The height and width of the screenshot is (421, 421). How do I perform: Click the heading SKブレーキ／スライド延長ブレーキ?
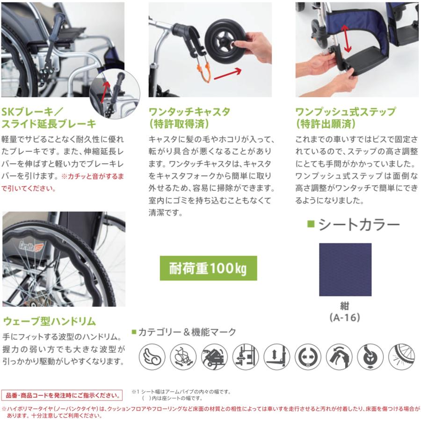point(49,118)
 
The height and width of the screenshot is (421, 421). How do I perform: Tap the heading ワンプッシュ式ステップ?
point(345,112)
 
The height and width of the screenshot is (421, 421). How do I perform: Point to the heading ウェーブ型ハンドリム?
point(50,321)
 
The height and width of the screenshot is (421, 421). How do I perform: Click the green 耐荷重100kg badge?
point(208,268)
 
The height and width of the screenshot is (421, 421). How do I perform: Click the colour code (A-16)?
point(345,317)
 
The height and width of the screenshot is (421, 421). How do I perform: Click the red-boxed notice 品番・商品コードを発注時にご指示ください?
point(62,395)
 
